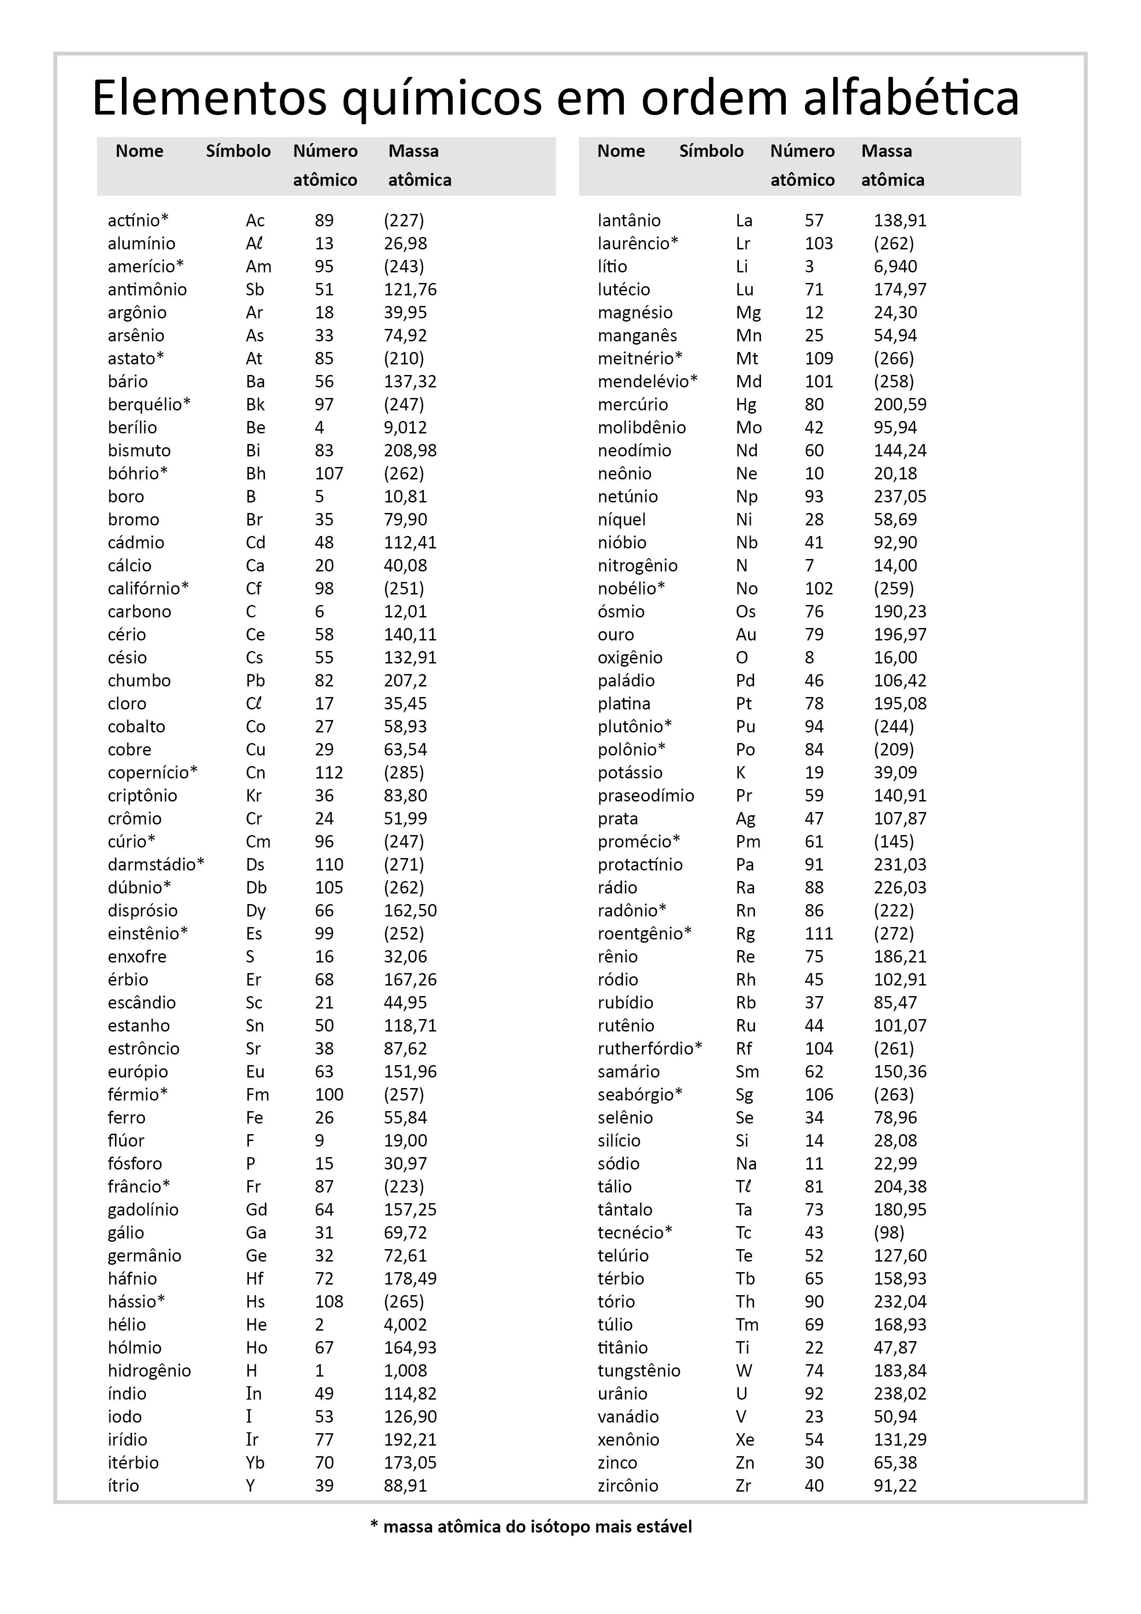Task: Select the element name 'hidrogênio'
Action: [x=149, y=1370]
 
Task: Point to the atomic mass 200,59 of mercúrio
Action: [x=900, y=404]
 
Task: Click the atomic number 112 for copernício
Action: [x=328, y=772]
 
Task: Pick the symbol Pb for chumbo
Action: [x=255, y=680]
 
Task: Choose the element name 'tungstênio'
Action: [x=638, y=1370]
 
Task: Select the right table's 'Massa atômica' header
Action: [x=892, y=165]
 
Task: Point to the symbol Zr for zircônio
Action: [x=743, y=1485]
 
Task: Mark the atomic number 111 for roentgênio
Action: [x=818, y=934]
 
